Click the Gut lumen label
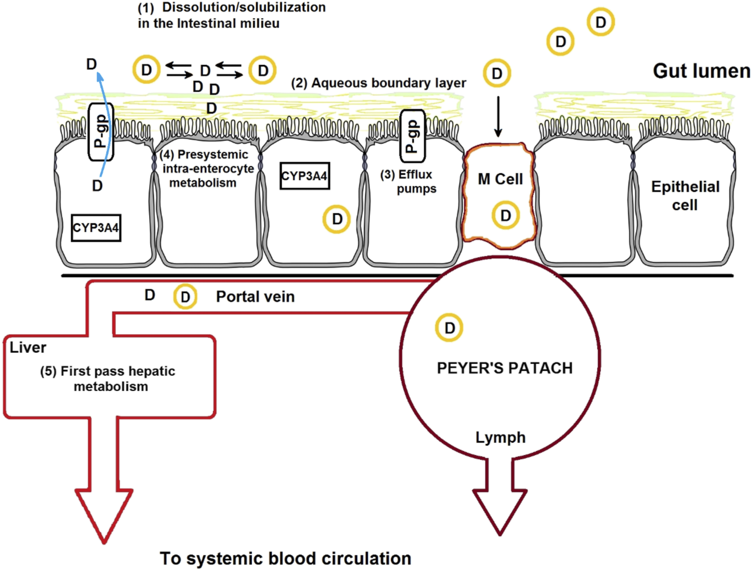702,71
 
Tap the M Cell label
500,179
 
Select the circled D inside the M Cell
505,215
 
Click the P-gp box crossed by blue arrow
101,131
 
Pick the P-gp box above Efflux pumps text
412,135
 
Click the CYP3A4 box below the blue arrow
96,228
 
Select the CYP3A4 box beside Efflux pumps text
305,176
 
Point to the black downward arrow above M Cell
498,117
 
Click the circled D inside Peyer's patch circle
449,328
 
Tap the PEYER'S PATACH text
504,368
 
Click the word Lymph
500,438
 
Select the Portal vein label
255,296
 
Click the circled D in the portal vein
185,297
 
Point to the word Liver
28,347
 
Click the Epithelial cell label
685,196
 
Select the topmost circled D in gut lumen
601,22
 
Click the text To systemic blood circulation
285,558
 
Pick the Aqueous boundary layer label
379,83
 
